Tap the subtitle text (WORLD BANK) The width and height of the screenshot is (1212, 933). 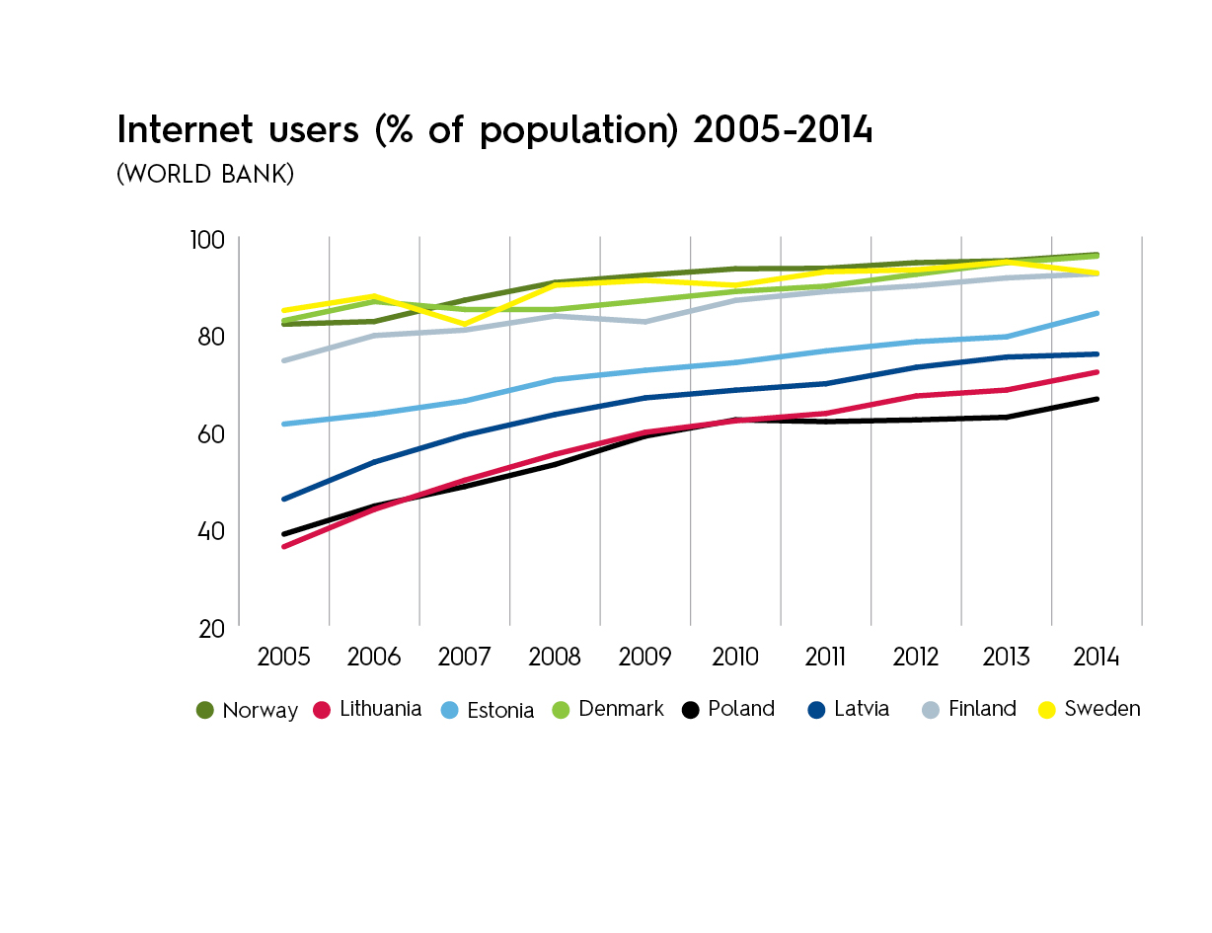(204, 174)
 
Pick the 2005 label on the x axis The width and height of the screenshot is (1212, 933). (283, 658)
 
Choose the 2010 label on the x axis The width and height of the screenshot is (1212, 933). (735, 658)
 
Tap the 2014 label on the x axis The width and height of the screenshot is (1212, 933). (1097, 658)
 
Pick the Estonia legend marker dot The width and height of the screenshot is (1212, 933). (448, 710)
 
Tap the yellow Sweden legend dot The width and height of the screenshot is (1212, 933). (1048, 710)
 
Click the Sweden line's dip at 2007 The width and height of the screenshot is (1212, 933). (464, 325)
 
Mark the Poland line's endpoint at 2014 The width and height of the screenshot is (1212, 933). (1097, 399)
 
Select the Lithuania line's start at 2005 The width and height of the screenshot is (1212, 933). (283, 547)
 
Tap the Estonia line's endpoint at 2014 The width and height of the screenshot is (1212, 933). (1097, 313)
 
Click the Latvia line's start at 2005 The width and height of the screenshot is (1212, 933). (283, 500)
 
